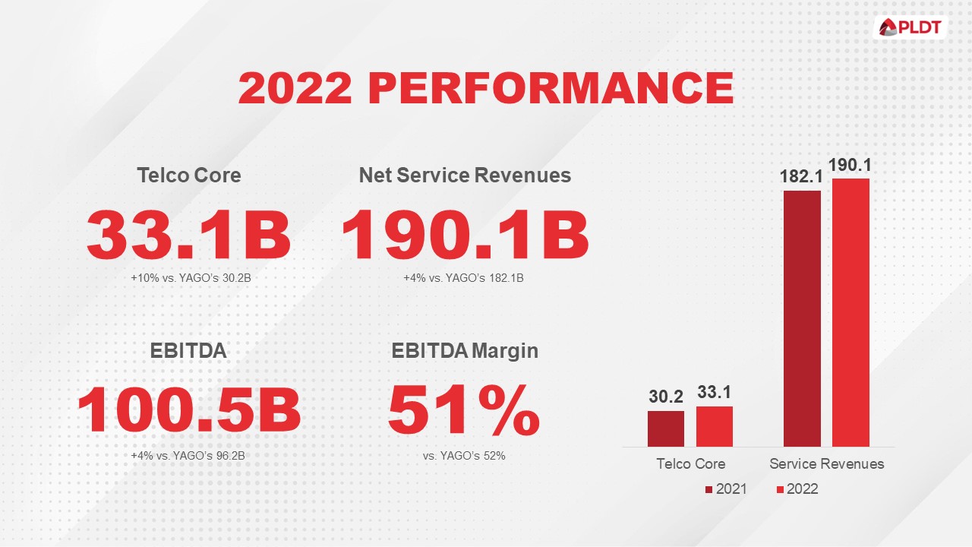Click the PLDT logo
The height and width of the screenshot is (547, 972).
pyautogui.click(x=910, y=28)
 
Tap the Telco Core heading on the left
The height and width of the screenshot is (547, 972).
pyautogui.click(x=189, y=175)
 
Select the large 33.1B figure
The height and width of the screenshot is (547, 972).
pyautogui.click(x=189, y=235)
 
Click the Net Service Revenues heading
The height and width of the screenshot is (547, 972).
pyautogui.click(x=465, y=175)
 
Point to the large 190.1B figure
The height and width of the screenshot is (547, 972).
pyautogui.click(x=465, y=235)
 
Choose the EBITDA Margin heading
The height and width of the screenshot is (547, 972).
pyautogui.click(x=465, y=351)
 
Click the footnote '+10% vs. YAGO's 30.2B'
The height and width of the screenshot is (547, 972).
pyautogui.click(x=191, y=278)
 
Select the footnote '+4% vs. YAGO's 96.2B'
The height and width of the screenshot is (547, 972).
pyautogui.click(x=189, y=455)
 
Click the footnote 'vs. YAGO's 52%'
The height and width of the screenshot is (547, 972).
pyautogui.click(x=464, y=455)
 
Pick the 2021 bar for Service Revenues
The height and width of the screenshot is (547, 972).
pyautogui.click(x=802, y=319)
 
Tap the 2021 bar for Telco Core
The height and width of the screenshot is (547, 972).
pyautogui.click(x=666, y=428)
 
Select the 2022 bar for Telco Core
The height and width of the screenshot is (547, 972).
pyautogui.click(x=715, y=426)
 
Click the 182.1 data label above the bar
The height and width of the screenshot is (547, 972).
pyautogui.click(x=801, y=177)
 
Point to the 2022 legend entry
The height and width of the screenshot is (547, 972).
pyautogui.click(x=797, y=489)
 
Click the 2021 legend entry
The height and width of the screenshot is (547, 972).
pyautogui.click(x=726, y=489)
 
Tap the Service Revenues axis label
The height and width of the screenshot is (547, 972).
pyautogui.click(x=827, y=463)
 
